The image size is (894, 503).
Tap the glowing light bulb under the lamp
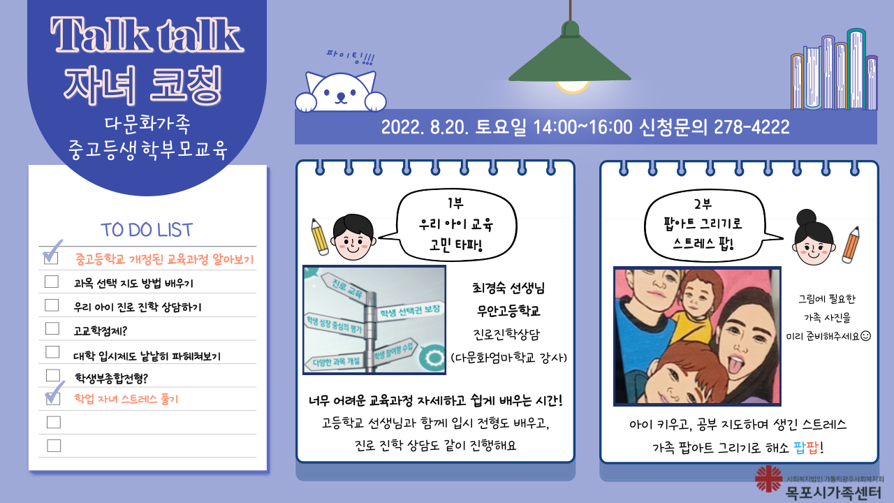572,87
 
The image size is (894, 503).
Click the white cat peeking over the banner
340,92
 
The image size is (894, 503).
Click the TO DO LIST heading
147,230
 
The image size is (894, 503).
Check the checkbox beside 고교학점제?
52,328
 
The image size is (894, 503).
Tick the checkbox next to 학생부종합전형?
53,376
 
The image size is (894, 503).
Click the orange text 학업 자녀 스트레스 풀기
126,399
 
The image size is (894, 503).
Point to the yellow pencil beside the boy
319,237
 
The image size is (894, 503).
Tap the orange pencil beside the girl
851,245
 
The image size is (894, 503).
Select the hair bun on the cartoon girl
806,217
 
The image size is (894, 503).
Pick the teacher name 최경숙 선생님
508,288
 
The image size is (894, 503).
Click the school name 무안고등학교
508,311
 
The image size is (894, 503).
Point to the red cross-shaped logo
768,479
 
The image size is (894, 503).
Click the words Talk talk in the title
147,35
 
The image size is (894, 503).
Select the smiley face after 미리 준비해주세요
865,336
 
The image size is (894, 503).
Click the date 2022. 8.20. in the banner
425,127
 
